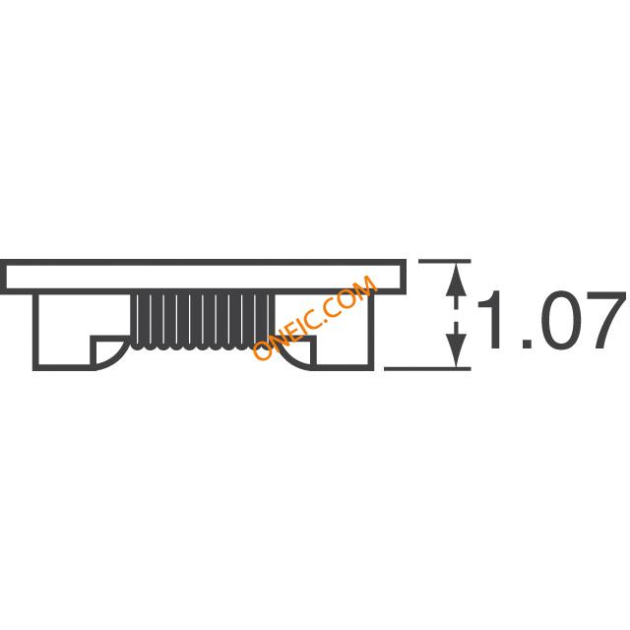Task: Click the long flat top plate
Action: (203, 262)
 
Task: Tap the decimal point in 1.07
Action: (528, 344)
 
